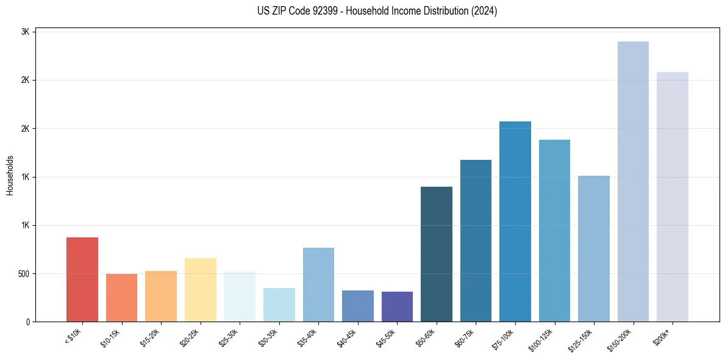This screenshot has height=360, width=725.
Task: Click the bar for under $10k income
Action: coord(82,279)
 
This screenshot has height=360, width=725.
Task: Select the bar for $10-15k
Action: coord(121,298)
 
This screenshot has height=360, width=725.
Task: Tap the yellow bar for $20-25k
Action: coord(200,290)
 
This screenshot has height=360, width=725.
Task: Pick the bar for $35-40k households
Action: coord(318,284)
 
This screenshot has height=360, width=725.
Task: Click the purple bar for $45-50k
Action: coord(397,306)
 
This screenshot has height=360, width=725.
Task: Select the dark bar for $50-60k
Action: coord(437,254)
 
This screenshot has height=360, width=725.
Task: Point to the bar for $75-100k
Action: coord(515,221)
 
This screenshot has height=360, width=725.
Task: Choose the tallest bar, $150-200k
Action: coord(633,181)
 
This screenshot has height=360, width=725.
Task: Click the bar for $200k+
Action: coord(673,196)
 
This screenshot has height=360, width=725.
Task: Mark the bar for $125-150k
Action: coord(594,248)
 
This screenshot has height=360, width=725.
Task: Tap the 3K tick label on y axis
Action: coord(26,32)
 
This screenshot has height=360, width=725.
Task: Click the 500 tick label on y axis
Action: coord(23,273)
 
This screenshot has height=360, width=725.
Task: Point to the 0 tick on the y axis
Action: coord(28,322)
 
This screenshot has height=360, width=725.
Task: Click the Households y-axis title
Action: coord(10,175)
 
